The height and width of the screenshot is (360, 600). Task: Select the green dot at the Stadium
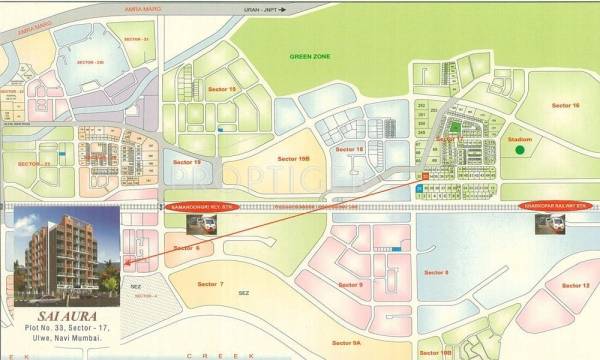(x=519, y=151)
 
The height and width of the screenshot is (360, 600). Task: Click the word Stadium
(x=519, y=139)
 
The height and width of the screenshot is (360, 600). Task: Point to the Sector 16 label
(x=566, y=104)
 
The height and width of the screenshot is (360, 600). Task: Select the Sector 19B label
(x=296, y=159)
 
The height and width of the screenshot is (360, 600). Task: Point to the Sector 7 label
(x=202, y=283)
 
